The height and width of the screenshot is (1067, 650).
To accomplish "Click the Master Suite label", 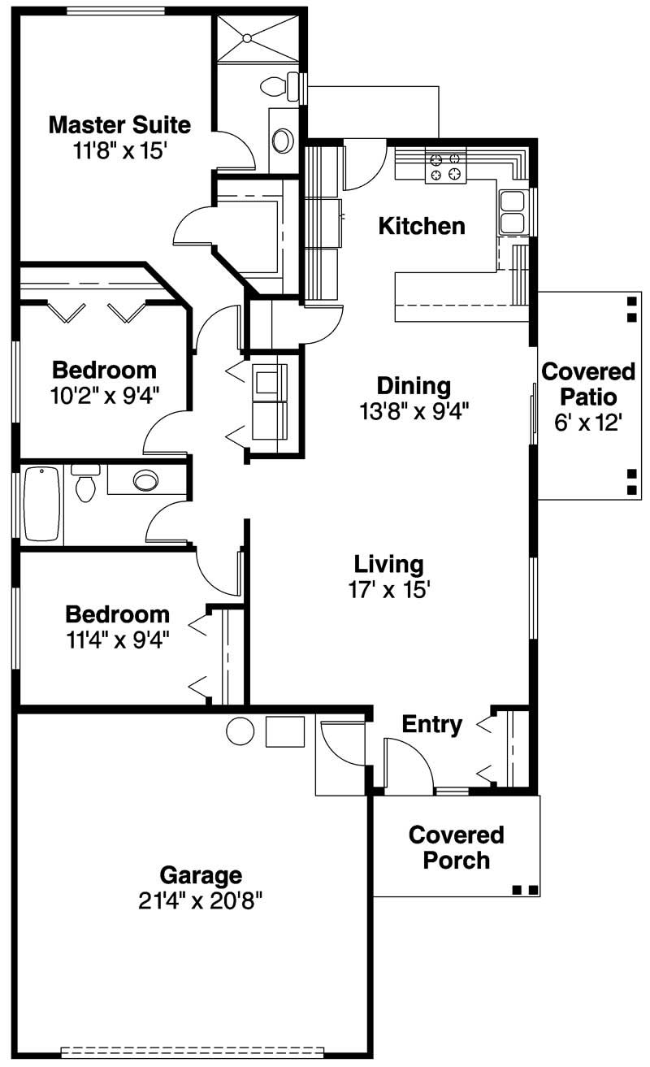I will point(119,125).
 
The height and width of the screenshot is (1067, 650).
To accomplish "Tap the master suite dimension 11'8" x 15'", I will point(119,150).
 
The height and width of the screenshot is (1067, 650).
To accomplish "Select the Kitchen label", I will point(422,226).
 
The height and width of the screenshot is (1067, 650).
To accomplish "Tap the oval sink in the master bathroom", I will point(283,140).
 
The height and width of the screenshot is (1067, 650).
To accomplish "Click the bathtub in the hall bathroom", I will point(42,504).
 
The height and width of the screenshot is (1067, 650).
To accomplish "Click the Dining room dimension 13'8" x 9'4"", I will point(414,411).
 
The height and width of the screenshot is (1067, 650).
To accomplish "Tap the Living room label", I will point(388,564).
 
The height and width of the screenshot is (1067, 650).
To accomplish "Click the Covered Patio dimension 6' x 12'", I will point(588,423).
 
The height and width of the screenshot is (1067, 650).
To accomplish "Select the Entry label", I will point(432,724).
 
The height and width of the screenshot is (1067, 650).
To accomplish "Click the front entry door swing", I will point(406,764).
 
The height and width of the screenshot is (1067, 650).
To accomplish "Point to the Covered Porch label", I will point(456,848).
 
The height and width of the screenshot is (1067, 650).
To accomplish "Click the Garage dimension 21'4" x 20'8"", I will point(201,900).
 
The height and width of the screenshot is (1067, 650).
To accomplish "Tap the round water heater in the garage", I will point(240,731).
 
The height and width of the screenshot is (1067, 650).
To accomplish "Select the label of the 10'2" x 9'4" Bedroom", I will point(104,371).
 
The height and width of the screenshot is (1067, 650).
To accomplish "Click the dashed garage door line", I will point(193,1051).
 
